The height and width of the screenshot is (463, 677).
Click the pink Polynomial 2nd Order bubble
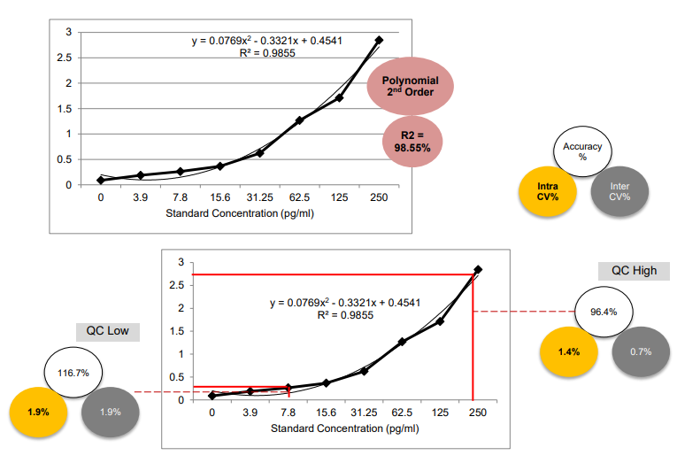point(410,86)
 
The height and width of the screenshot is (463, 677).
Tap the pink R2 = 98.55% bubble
point(412,142)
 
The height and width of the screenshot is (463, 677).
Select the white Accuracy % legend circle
point(582,151)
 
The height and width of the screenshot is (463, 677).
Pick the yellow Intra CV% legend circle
point(548,191)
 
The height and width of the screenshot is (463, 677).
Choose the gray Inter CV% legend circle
point(619,191)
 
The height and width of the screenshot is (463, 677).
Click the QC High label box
point(634,271)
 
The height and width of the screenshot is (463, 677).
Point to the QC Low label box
point(107,331)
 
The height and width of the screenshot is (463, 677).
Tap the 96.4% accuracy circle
point(604,312)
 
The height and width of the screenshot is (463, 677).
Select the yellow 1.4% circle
point(569,352)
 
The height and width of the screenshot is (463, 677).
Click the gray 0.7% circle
point(641,352)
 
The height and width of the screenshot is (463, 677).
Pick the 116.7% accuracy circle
point(73,373)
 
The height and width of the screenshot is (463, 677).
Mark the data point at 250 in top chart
point(379,40)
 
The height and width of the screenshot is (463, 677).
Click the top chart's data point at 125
point(339,98)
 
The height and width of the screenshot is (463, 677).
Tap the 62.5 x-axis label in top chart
point(299,197)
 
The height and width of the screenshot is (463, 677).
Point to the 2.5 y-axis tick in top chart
point(65,58)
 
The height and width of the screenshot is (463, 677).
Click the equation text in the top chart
point(267,41)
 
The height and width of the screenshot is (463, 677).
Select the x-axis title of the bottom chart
point(344,428)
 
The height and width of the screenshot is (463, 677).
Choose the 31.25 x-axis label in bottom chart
point(364,413)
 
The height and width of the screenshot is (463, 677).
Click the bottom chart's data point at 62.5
point(402,342)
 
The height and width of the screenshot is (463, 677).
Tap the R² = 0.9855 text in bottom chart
point(345,315)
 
